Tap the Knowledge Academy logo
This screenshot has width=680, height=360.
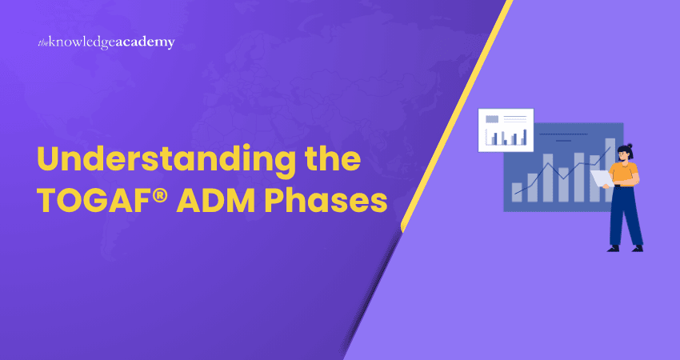tap(106, 42)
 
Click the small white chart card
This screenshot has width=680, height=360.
tap(506, 130)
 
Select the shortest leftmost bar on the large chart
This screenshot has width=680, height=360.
tap(517, 192)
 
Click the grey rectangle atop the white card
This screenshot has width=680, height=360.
tap(492, 119)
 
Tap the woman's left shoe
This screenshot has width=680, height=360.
tap(614, 248)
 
